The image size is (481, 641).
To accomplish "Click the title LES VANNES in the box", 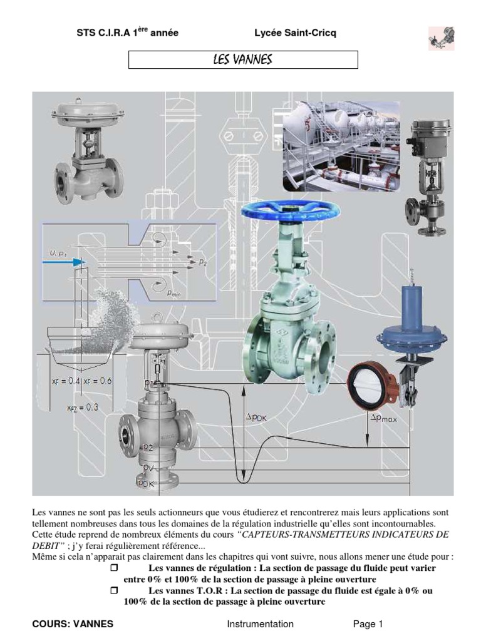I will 243,59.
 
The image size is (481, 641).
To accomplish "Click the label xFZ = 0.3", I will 83,407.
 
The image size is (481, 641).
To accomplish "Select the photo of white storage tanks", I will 341,146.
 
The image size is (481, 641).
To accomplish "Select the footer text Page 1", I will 368,623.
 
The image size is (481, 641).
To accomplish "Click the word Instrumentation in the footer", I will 260,623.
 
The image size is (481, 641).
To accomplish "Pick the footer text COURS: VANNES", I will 73,623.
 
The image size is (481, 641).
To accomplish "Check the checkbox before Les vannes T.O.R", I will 114,590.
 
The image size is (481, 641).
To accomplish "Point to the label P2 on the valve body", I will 148,448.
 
